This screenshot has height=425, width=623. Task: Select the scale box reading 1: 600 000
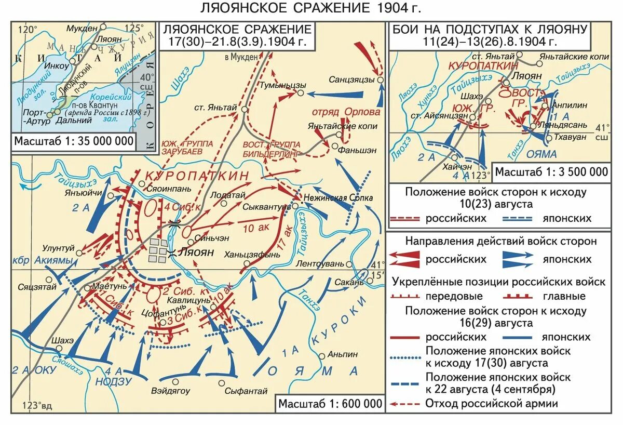coord(330,404)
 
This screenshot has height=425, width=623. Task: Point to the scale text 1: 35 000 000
coord(73,141)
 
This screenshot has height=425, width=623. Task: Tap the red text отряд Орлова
coord(346,112)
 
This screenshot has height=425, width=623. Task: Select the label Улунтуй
coord(61,248)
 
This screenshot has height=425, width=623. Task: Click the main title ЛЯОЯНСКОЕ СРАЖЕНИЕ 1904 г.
coord(311,9)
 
